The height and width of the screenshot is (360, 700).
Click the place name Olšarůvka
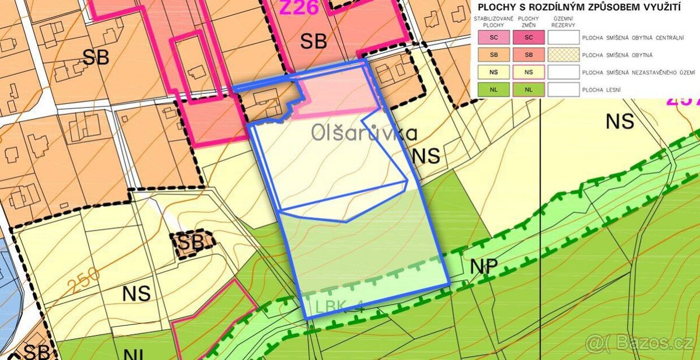[x=364, y=133]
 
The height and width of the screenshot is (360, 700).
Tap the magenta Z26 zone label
[x=300, y=8]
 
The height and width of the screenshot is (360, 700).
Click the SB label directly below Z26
[x=313, y=41]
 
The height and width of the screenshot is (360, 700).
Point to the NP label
[x=484, y=266]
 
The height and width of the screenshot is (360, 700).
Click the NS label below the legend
[x=619, y=121]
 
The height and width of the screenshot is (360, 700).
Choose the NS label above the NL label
[x=136, y=293]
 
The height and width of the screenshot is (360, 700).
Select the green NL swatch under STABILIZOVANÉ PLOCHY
[x=494, y=89]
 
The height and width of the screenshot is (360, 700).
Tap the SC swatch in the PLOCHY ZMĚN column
[x=528, y=38]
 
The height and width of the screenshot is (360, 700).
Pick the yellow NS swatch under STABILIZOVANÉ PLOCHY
[x=494, y=72]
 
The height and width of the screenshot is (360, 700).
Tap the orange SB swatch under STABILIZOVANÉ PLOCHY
[x=494, y=55]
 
